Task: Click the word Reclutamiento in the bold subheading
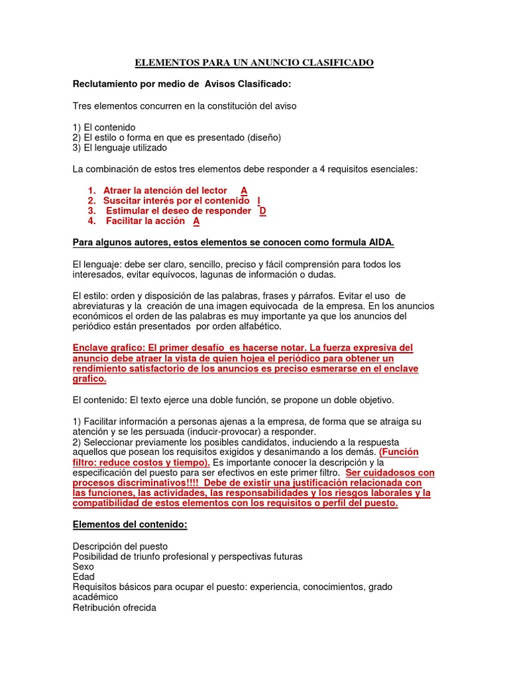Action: pyautogui.click(x=103, y=84)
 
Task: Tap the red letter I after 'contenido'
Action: pyautogui.click(x=258, y=200)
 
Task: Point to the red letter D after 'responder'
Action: pyautogui.click(x=262, y=211)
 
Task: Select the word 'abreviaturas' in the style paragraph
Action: pyautogui.click(x=99, y=306)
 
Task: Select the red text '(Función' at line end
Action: pyautogui.click(x=399, y=452)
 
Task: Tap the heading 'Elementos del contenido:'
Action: pyautogui.click(x=130, y=525)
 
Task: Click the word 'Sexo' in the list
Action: pyautogui.click(x=83, y=567)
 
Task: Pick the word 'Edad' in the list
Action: pyautogui.click(x=84, y=577)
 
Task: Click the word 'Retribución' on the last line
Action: pyautogui.click(x=97, y=608)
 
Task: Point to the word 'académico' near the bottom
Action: pyautogui.click(x=95, y=597)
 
